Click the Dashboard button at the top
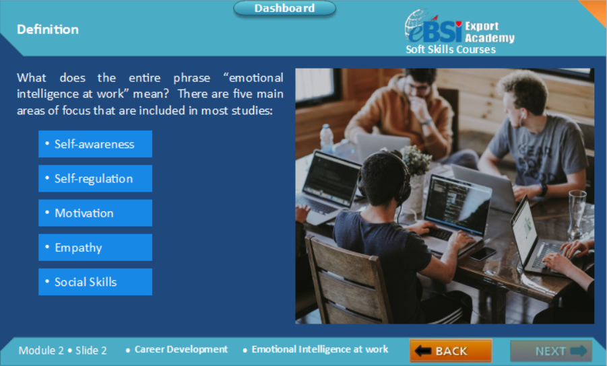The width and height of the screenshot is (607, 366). click(x=284, y=9)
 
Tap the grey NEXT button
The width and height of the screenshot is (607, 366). click(x=550, y=351)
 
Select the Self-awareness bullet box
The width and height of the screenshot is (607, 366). click(x=95, y=144)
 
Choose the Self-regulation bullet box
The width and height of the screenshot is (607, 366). click(x=95, y=178)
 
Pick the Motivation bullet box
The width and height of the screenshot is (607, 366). click(x=95, y=213)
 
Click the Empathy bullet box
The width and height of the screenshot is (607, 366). click(x=95, y=248)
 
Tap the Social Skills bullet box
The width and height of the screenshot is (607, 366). click(x=95, y=282)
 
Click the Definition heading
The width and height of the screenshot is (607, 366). click(x=48, y=30)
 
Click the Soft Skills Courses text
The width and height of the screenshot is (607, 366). click(x=451, y=50)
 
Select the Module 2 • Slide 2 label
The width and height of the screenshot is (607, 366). click(x=63, y=351)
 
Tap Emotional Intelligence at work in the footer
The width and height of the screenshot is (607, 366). click(x=319, y=350)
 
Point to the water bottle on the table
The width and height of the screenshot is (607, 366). click(x=327, y=139)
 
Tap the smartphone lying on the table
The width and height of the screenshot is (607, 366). click(x=482, y=254)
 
